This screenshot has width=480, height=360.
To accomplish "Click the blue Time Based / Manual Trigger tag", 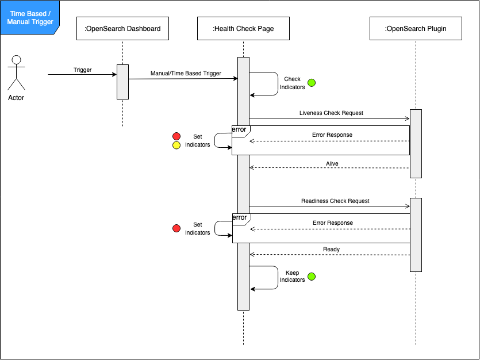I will click(x=29, y=17).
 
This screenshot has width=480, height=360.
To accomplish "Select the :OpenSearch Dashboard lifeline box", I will click(x=122, y=29).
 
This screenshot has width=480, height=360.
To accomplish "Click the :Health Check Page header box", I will click(x=243, y=29).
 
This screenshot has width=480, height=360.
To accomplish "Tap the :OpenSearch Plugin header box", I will click(x=416, y=29).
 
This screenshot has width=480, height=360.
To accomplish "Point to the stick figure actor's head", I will click(x=17, y=60).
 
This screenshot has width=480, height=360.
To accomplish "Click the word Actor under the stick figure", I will click(x=16, y=98).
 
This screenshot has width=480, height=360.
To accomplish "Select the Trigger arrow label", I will click(x=82, y=70).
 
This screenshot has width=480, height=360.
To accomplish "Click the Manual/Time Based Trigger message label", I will click(x=186, y=74).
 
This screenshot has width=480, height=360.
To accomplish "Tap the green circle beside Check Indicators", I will click(x=312, y=83).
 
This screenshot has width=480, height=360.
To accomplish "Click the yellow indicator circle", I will click(x=176, y=145).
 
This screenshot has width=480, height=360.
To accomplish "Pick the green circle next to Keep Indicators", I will click(x=312, y=276).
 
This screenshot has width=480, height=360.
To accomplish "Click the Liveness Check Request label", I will click(x=331, y=113).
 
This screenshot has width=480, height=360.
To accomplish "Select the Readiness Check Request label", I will click(x=335, y=201).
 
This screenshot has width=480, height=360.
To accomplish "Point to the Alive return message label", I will click(x=332, y=163).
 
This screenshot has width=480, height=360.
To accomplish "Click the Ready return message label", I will click(x=331, y=250).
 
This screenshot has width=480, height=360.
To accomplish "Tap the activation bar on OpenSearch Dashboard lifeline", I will click(x=122, y=82).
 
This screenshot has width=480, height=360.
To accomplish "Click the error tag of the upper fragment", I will click(x=239, y=130).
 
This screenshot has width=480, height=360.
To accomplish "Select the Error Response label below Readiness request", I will click(x=333, y=223).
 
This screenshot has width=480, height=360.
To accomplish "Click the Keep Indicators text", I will click(x=292, y=276).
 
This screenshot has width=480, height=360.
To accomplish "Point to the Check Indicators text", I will click(x=292, y=83).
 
